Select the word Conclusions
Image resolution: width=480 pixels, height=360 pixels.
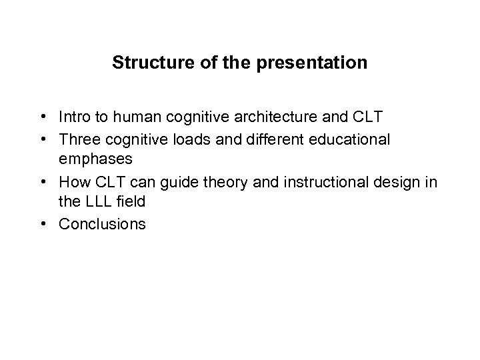(101, 224)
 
